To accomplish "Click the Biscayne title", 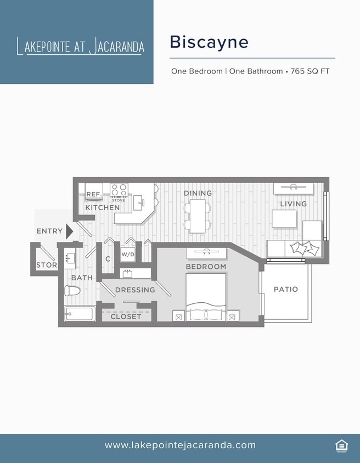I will [209, 42].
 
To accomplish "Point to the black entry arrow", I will [69, 231].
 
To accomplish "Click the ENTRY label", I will [49, 231].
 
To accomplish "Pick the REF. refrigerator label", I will [94, 194].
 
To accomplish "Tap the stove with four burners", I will [119, 190].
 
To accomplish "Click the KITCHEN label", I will [102, 208].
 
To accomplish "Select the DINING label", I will [198, 193].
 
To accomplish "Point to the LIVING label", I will [294, 204].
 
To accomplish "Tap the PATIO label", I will [286, 289].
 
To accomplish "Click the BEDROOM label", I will [206, 267].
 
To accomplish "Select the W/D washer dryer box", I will [128, 255].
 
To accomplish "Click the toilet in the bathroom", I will [72, 291].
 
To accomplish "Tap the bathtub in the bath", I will [80, 314].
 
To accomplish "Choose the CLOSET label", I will [126, 317].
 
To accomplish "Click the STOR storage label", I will [47, 265].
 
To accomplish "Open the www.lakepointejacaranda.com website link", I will [180, 445].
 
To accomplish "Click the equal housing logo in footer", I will [341, 445].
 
